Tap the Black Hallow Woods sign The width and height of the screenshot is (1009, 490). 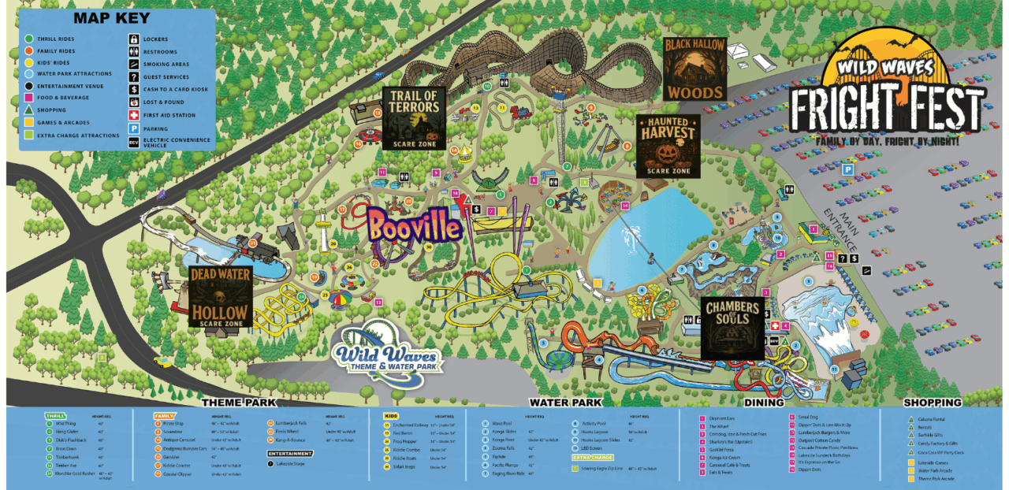point(694,68)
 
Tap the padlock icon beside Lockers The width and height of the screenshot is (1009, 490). point(134,39)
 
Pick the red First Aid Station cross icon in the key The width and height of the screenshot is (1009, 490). point(134,115)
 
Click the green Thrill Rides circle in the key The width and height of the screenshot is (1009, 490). point(28,39)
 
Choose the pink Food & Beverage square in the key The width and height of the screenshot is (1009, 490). point(28,98)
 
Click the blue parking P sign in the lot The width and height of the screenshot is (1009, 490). point(848,169)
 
